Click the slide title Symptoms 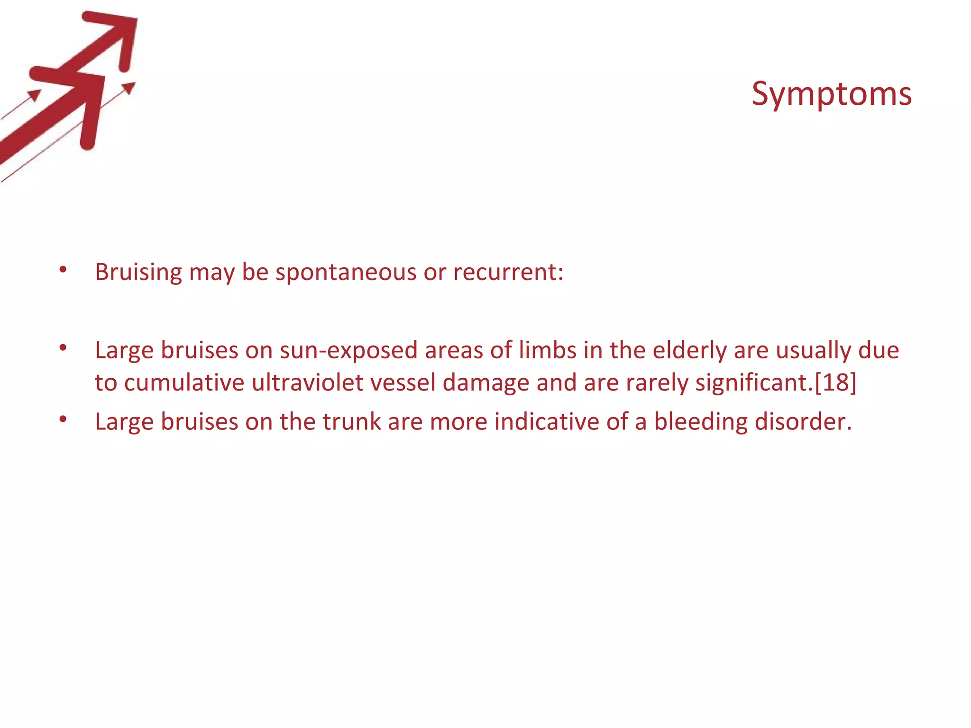click(x=831, y=94)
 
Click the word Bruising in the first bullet click(x=138, y=273)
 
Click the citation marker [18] click(x=835, y=382)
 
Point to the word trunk click(x=351, y=421)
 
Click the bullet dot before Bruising click(x=63, y=270)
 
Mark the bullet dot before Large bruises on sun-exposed click(x=63, y=348)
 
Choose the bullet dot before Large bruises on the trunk click(x=63, y=419)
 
